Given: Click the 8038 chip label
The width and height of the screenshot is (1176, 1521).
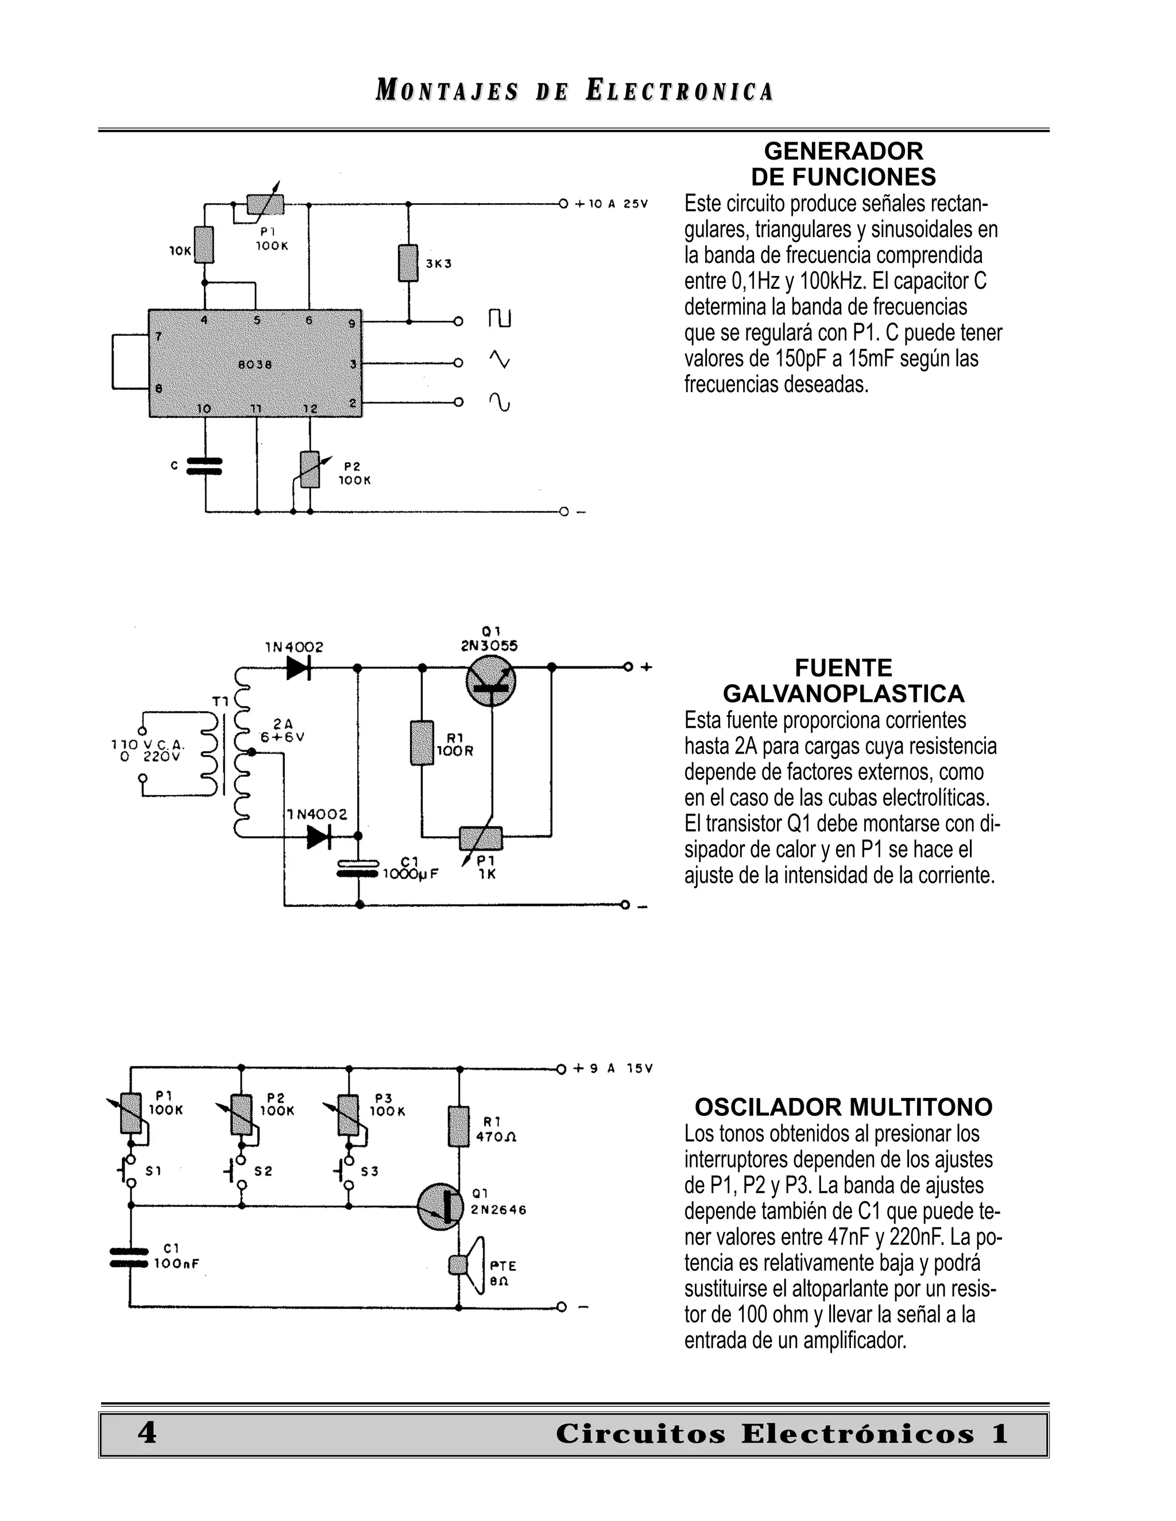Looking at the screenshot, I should click(255, 364).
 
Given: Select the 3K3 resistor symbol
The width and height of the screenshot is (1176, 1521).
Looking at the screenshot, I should click(408, 263).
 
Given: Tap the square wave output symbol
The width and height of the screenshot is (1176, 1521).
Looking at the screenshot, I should click(500, 320).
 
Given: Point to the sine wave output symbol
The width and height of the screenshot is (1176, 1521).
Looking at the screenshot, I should click(500, 402).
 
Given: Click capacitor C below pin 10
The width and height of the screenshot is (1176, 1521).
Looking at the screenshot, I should click(206, 466).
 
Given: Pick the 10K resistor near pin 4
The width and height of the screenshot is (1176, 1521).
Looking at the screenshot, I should click(204, 245).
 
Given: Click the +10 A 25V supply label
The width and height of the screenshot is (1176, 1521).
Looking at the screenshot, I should click(611, 204).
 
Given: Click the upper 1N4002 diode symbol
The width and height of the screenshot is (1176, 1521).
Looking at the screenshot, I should click(299, 667).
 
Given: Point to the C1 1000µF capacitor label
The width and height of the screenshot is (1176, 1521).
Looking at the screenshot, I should click(411, 868).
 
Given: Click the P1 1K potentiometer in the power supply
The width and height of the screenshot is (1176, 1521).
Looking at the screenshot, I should click(481, 838).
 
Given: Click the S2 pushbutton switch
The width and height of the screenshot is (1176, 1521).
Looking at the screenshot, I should click(239, 1171).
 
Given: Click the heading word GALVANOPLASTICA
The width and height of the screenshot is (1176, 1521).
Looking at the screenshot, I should click(843, 694).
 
